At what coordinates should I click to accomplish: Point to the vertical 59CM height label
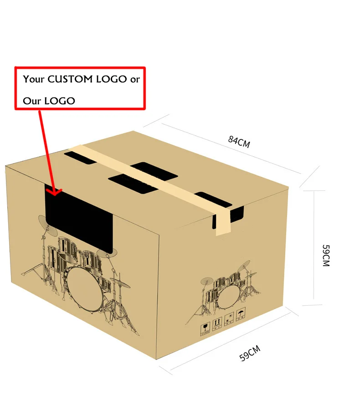pos(325,256)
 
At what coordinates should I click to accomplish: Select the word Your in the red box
pos(34,79)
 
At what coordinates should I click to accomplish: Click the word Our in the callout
pos(32,101)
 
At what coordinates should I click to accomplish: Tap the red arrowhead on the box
pos(56,192)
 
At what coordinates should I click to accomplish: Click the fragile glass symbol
pos(205,328)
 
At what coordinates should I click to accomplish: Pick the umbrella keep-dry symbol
pos(240,314)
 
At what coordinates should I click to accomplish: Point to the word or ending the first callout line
pos(135,79)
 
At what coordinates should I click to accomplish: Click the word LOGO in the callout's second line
pos(59,101)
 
